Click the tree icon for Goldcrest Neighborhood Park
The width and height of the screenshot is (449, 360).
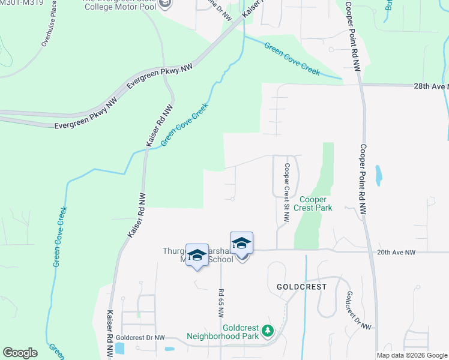[268, 331]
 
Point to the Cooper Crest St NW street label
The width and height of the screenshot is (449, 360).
[287, 193]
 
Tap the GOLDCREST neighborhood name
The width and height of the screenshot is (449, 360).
[301, 287]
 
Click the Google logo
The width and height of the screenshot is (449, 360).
[20, 353]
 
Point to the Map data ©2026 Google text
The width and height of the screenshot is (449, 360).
[412, 355]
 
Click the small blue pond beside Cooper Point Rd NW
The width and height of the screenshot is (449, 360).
[378, 175]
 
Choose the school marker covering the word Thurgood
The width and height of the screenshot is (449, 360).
[197, 255]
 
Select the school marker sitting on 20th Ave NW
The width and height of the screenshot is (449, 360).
[241, 243]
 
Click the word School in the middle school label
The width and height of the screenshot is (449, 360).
[220, 260]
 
